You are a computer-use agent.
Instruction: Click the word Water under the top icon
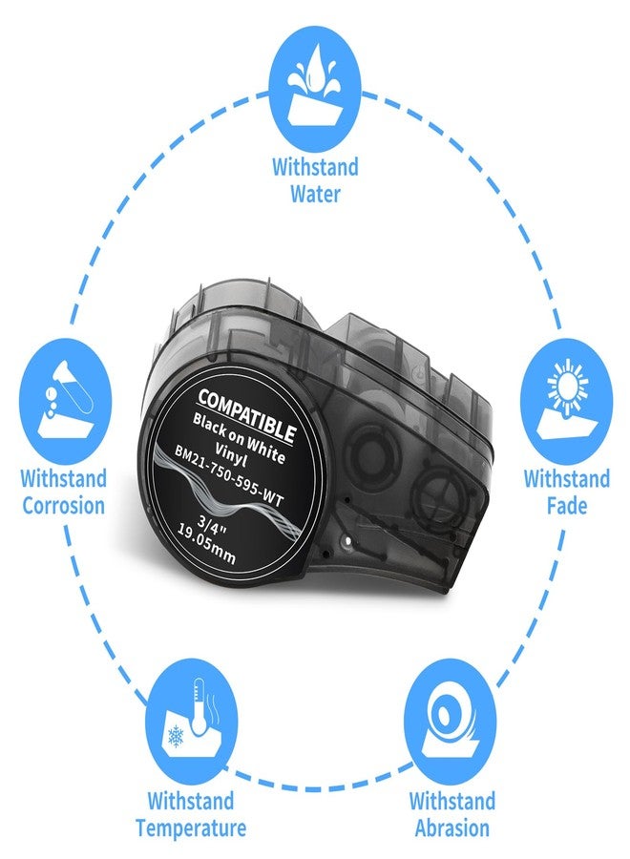point(316,194)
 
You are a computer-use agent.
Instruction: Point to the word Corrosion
point(64,505)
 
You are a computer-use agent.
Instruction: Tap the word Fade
point(567,505)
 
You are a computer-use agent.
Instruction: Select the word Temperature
point(191,828)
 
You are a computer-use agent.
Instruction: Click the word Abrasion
point(451,828)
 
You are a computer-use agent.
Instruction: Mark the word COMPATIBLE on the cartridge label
point(247,416)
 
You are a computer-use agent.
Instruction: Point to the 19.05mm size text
point(208,544)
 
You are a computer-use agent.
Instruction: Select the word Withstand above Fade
point(567,478)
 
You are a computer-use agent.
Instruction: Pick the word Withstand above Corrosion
point(64,478)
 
